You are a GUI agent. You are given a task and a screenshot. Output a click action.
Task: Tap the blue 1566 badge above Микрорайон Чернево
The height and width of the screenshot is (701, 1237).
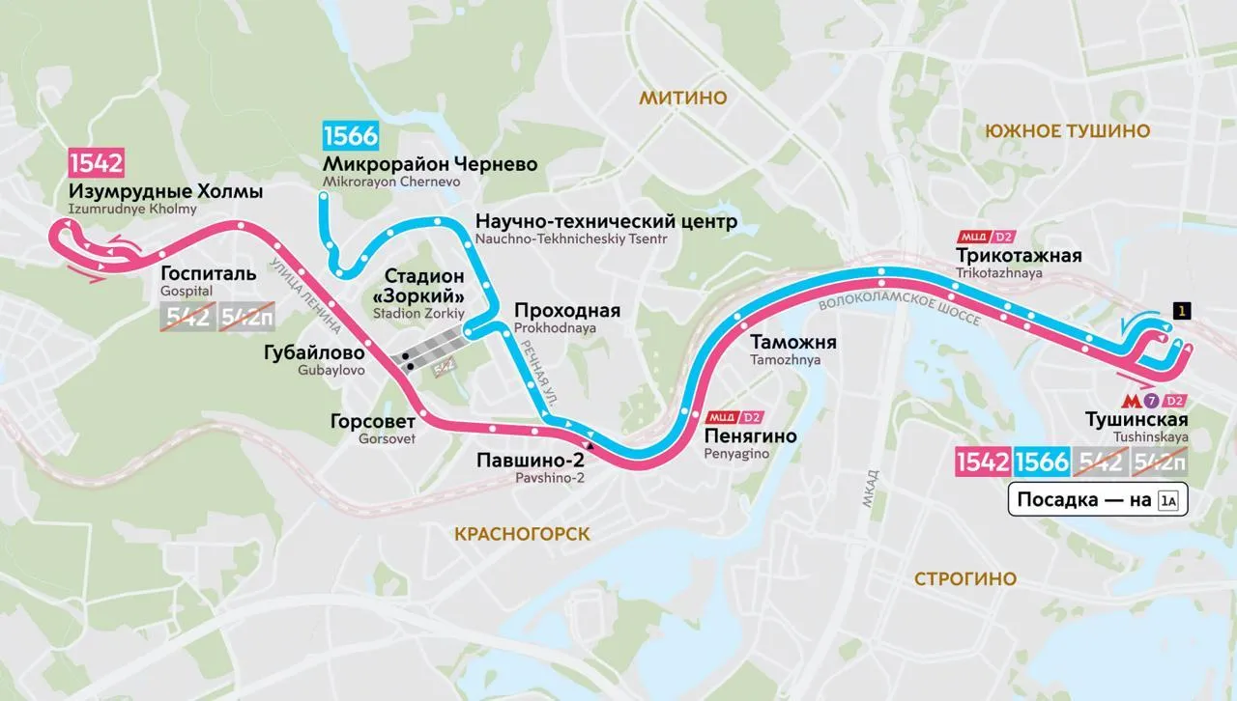pyautogui.click(x=351, y=135)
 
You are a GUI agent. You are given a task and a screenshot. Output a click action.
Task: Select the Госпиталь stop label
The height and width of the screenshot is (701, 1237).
pyautogui.click(x=209, y=272)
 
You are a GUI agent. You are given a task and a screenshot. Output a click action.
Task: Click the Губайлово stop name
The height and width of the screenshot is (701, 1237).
pyautogui.click(x=314, y=353)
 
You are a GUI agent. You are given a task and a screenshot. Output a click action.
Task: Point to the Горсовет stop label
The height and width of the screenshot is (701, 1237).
pyautogui.click(x=372, y=421)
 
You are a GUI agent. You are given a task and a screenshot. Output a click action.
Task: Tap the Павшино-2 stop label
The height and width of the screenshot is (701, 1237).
pyautogui.click(x=531, y=460)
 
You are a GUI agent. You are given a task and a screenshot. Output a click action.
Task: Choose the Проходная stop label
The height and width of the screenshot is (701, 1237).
pyautogui.click(x=567, y=311)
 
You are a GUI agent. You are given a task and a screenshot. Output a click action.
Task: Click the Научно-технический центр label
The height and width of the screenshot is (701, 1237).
pyautogui.click(x=606, y=222)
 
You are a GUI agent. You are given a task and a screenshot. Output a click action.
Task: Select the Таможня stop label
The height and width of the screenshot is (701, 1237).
pyautogui.click(x=792, y=343)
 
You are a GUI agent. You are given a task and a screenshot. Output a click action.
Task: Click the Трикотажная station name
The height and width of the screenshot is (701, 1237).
pyautogui.click(x=1019, y=255)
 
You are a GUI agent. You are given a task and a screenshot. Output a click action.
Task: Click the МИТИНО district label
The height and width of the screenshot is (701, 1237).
pyautogui.click(x=682, y=97)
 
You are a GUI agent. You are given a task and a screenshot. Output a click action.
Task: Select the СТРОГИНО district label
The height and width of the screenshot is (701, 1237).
pyautogui.click(x=964, y=578)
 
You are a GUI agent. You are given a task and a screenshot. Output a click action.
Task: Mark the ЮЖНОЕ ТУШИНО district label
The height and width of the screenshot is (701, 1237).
pyautogui.click(x=1066, y=131)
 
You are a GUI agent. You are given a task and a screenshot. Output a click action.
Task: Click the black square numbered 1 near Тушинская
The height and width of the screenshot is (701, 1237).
pyautogui.click(x=1180, y=310)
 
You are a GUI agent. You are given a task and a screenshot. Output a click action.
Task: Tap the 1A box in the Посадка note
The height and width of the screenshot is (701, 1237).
pyautogui.click(x=1168, y=500)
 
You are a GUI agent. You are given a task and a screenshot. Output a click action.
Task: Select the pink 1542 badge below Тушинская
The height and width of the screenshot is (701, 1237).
pyautogui.click(x=983, y=463)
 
